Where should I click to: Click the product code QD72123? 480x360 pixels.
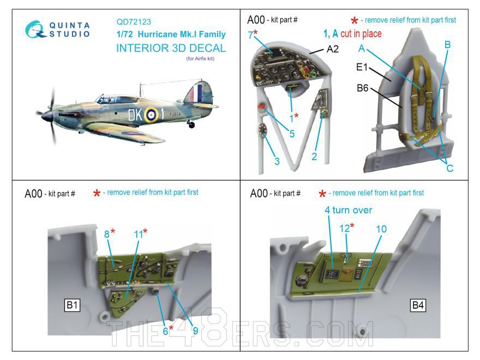(x=134, y=22)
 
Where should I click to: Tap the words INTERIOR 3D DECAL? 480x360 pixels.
(x=171, y=47)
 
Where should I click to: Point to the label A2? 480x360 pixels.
(x=332, y=50)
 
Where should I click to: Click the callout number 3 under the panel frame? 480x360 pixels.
(x=277, y=161)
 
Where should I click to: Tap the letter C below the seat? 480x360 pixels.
(x=449, y=169)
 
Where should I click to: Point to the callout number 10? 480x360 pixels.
(x=381, y=229)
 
